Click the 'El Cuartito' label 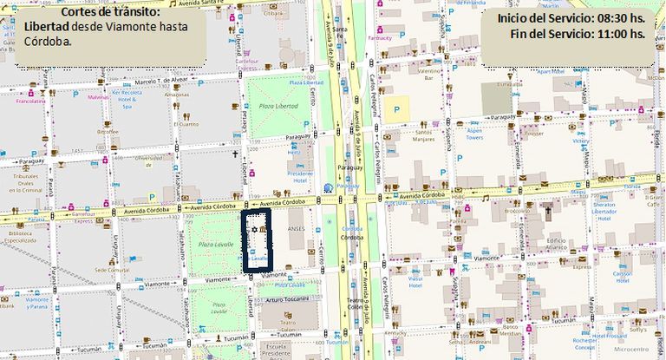tap(186, 124)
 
